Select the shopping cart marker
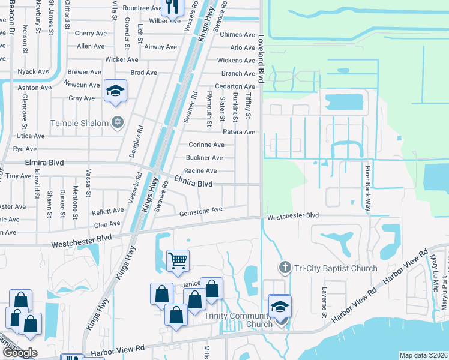click(178, 260)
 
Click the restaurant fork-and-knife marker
click(172, 8)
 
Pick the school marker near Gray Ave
click(115, 91)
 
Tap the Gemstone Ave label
click(200, 210)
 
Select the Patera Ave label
click(239, 132)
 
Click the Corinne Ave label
click(206, 145)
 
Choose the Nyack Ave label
click(34, 71)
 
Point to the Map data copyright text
click(423, 355)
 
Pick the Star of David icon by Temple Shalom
click(118, 123)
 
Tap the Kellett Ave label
click(108, 211)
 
